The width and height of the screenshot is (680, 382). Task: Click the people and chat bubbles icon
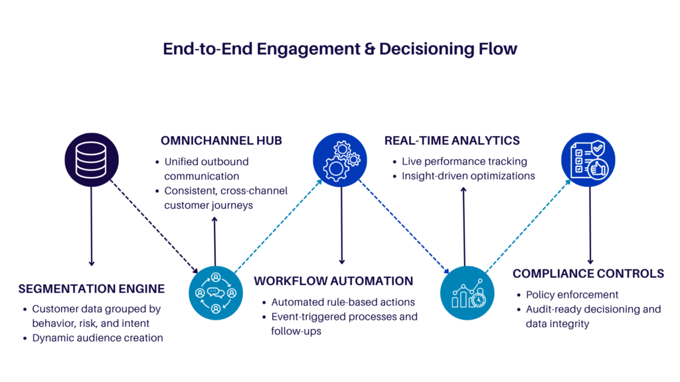click(216, 292)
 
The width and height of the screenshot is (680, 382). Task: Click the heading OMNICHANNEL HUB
click(221, 141)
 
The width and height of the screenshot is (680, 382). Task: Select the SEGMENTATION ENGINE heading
click(92, 289)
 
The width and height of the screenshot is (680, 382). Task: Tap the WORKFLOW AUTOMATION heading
click(333, 281)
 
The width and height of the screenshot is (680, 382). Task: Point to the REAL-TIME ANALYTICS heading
click(452, 141)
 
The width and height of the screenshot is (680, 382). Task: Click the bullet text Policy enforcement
click(572, 294)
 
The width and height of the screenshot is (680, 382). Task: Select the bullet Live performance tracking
click(464, 161)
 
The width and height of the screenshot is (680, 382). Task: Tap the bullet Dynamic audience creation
click(98, 338)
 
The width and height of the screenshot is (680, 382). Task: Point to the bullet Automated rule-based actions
click(343, 302)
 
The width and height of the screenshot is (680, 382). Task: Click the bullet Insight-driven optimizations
click(468, 176)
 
